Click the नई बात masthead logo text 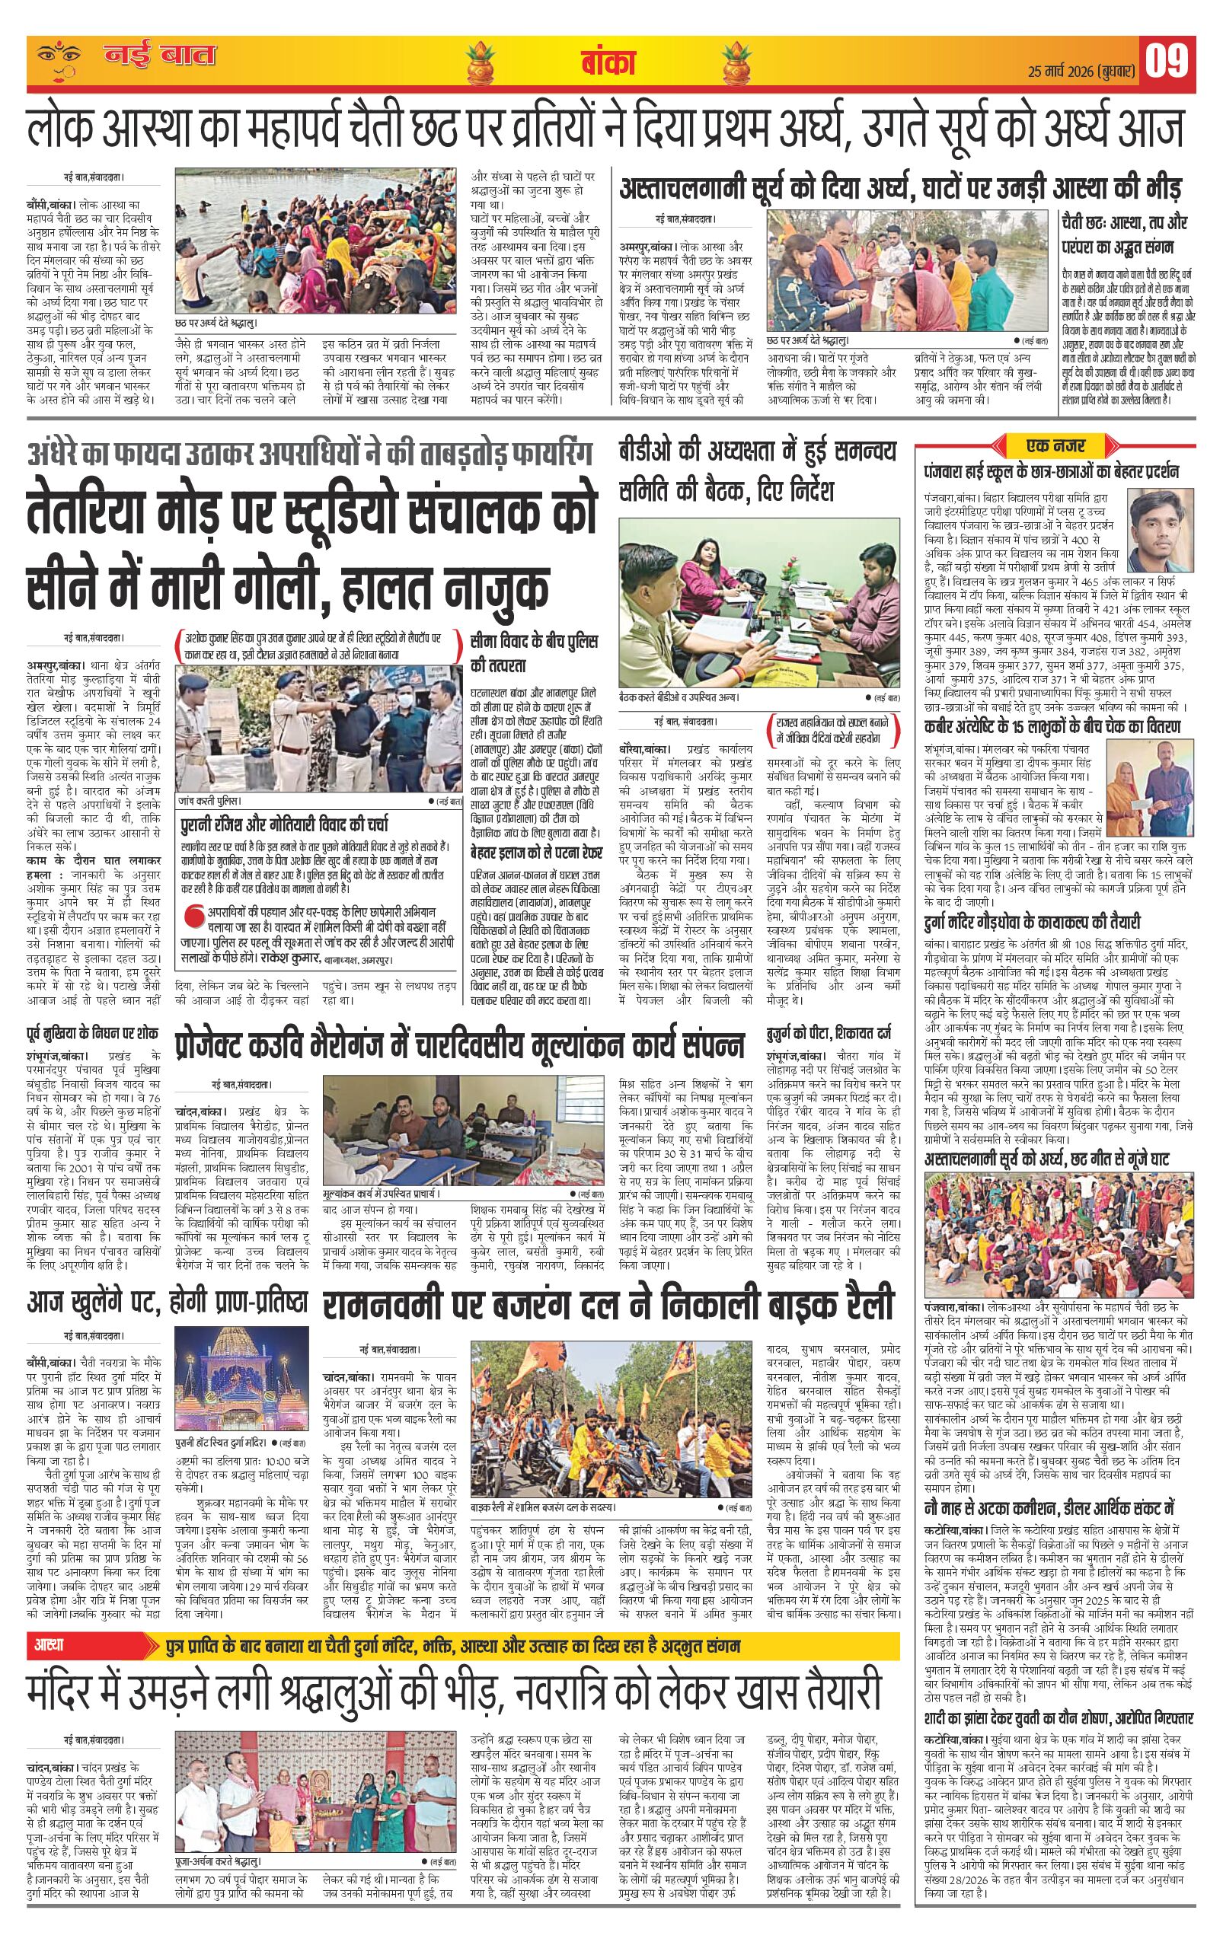[160, 56]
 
